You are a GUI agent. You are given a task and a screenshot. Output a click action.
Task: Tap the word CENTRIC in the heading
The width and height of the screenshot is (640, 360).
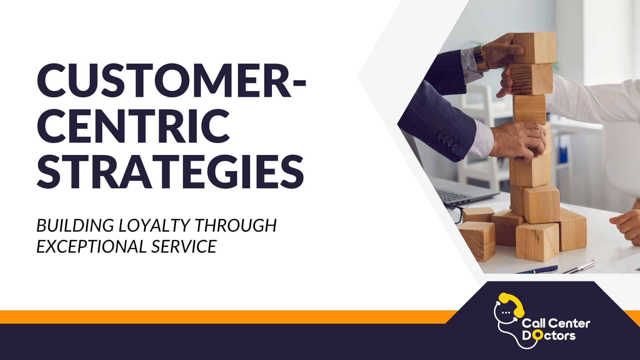133,126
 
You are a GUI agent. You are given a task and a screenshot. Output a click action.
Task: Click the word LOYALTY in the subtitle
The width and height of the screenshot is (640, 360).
155,226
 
